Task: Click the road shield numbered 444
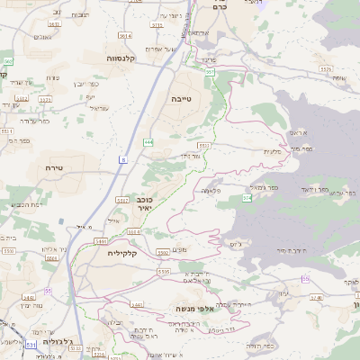147,142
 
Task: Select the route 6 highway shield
122,159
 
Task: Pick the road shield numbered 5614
124,36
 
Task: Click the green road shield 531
31,345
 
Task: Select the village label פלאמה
211,190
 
